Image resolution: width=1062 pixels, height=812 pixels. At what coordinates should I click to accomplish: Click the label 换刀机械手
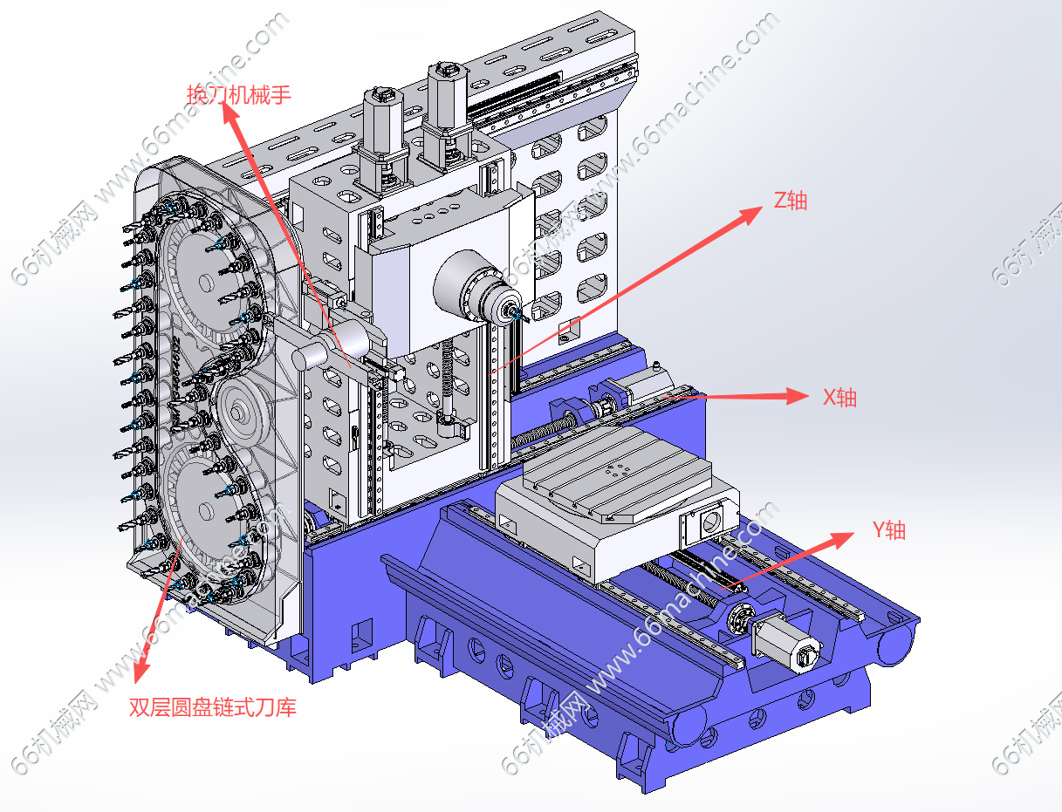[238, 93]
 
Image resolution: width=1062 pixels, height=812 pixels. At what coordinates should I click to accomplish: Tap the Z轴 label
[791, 201]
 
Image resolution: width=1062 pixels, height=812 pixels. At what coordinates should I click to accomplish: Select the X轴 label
[839, 398]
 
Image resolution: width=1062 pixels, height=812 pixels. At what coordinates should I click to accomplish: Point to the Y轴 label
[889, 529]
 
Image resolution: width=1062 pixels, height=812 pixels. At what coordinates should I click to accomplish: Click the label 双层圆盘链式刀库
[213, 706]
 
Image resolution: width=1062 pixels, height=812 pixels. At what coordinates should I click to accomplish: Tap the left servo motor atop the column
[382, 122]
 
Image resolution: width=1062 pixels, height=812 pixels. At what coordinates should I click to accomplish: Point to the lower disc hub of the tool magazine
[206, 507]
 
